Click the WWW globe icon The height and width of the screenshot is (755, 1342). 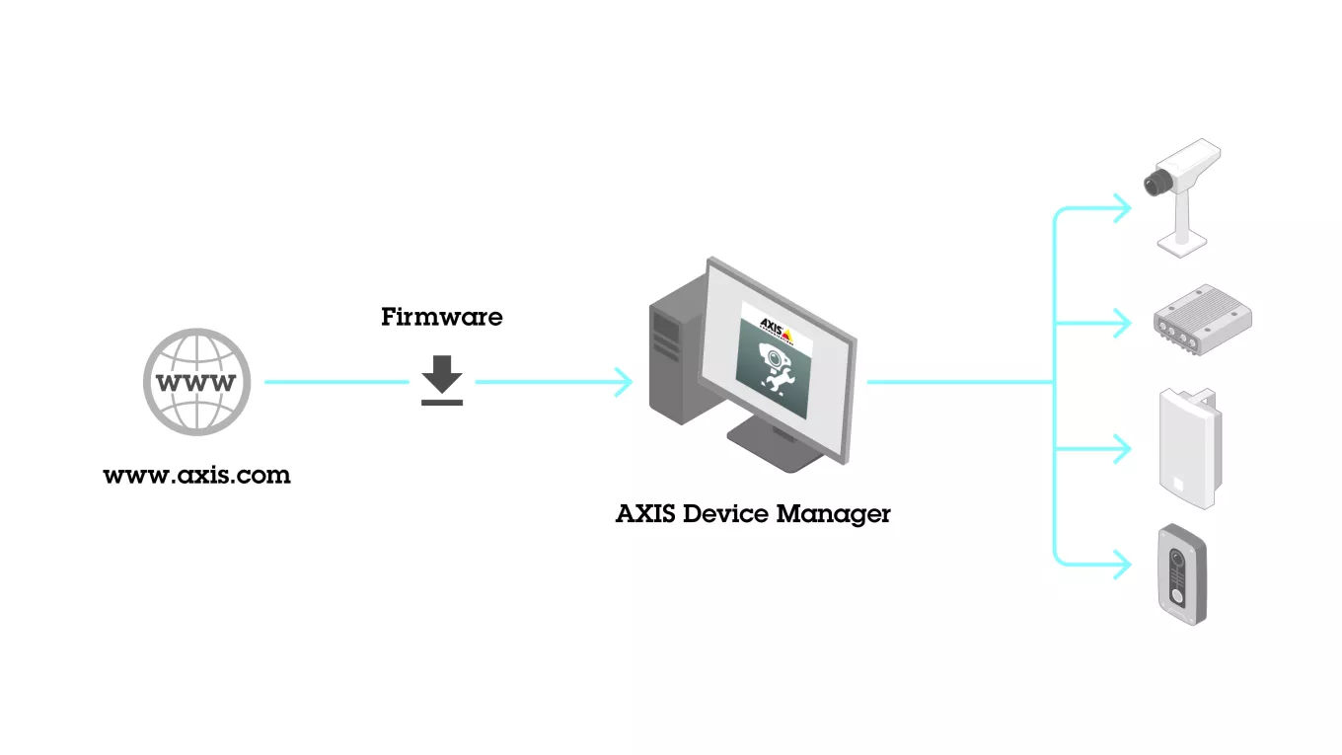197,382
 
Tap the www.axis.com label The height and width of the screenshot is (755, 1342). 197,476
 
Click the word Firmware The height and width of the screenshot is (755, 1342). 442,318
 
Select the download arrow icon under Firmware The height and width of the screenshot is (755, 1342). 442,381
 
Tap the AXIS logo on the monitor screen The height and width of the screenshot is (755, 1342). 776,327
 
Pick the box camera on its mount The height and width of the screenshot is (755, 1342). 1184,192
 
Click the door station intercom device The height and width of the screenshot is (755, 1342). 1181,573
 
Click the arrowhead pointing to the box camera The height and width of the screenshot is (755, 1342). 1123,208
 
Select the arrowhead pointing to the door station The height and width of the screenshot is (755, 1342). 1123,565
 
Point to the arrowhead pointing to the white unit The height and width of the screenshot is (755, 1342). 1123,449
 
